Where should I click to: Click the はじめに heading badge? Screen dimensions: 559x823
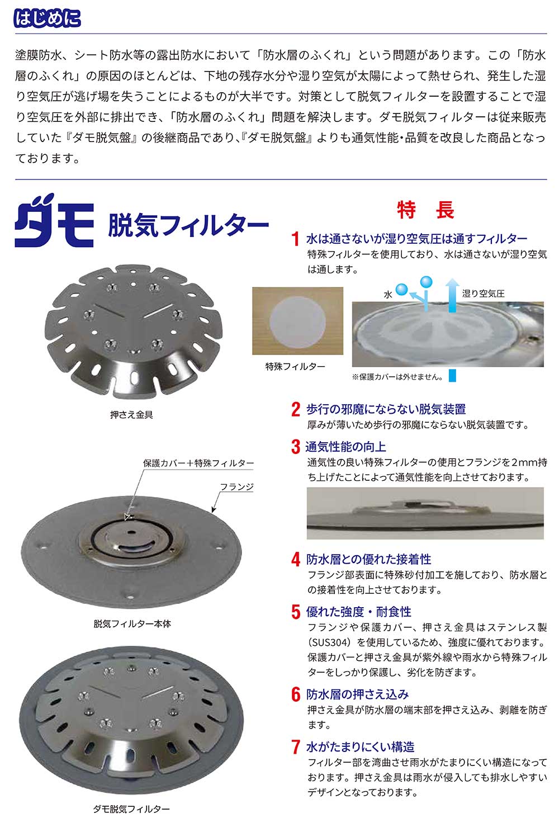click(48, 18)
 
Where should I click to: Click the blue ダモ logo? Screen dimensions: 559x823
click(54, 220)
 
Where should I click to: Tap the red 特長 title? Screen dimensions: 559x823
click(425, 210)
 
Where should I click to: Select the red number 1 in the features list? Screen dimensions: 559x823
click(296, 239)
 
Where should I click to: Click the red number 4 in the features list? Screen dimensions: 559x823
click(296, 559)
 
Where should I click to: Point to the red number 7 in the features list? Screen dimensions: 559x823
click(296, 747)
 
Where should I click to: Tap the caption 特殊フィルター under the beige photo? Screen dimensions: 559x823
click(295, 366)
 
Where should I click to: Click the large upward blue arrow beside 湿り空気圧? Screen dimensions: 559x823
click(452, 295)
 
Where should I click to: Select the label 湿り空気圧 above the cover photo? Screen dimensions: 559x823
click(483, 294)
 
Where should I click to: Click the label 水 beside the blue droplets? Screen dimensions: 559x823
click(388, 294)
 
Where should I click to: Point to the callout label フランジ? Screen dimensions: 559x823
click(236, 487)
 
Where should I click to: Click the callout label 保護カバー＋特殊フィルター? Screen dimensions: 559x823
click(198, 463)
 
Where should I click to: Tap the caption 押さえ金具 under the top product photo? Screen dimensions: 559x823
click(131, 414)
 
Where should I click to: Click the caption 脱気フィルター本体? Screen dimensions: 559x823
click(132, 624)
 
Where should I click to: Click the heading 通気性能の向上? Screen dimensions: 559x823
click(345, 447)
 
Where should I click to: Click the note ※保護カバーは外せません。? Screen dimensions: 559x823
click(397, 377)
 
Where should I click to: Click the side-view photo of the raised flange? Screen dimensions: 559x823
click(425, 513)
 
